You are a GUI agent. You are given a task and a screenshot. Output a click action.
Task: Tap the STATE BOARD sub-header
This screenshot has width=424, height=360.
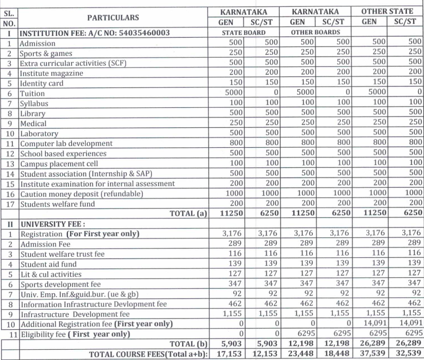click(244, 33)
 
